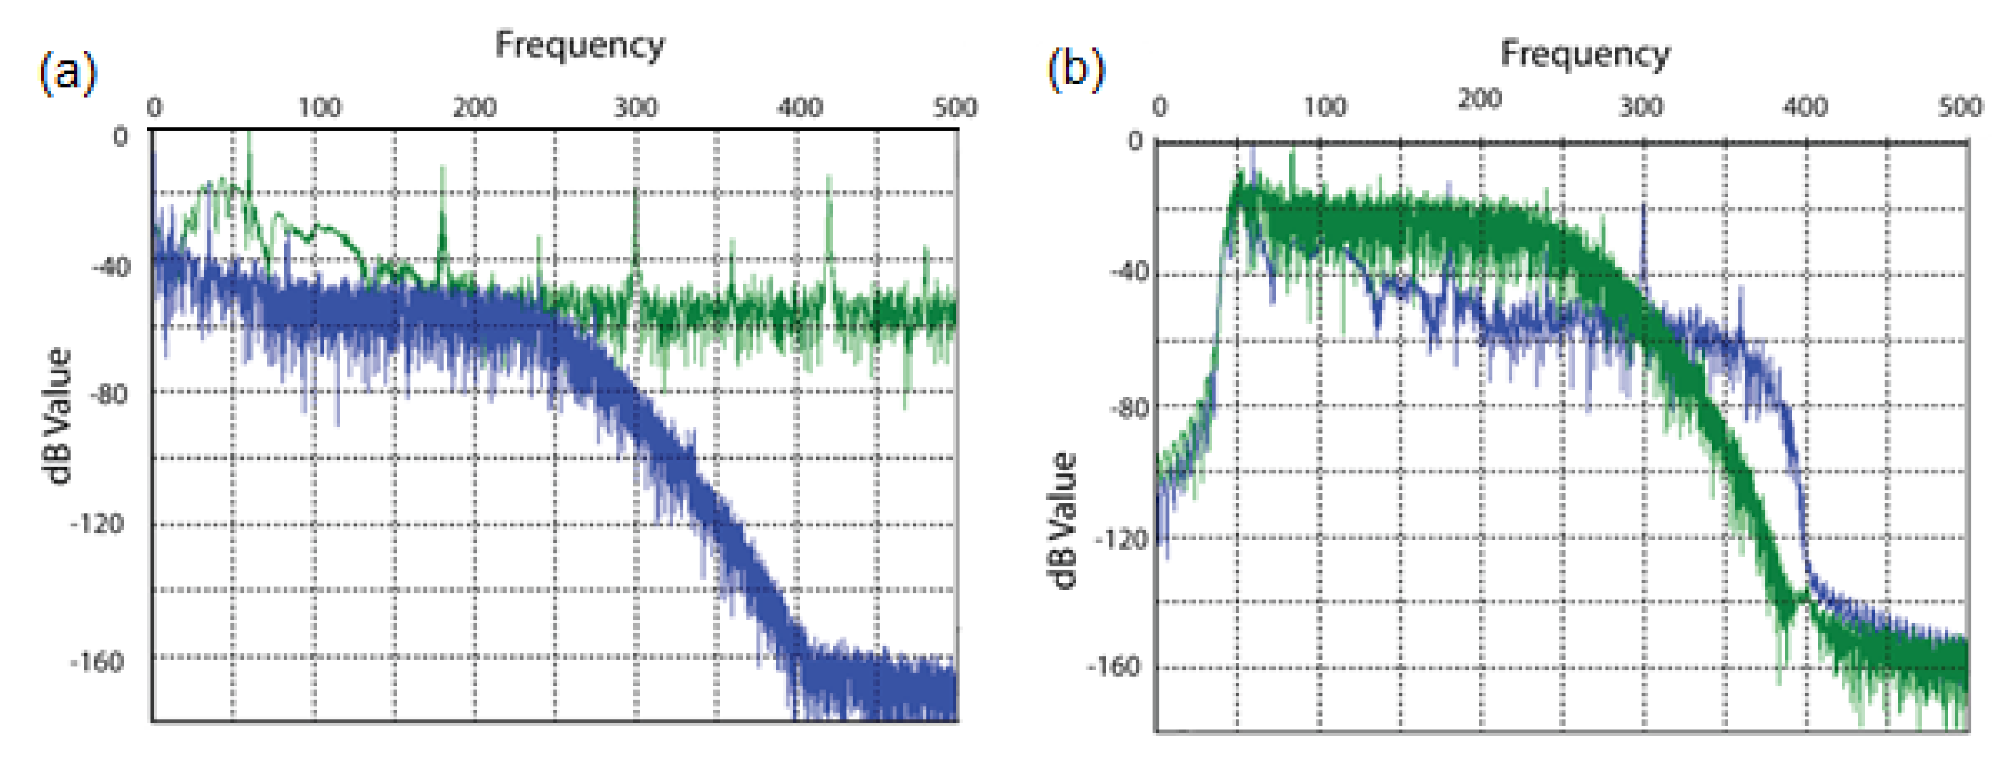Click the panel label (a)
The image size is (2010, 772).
coord(67,72)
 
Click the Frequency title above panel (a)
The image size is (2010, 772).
coord(580,45)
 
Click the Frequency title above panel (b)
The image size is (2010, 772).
coord(1585,54)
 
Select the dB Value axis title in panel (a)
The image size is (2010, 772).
coord(58,415)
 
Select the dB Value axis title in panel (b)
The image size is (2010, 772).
coord(1063,521)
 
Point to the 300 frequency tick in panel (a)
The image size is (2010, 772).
coord(635,107)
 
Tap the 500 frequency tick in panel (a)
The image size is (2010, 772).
coord(955,107)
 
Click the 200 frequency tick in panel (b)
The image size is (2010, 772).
coord(1479,99)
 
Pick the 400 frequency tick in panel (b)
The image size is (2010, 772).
coord(1804,106)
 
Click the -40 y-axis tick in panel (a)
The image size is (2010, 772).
coord(111,267)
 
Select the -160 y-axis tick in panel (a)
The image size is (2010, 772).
coord(98,662)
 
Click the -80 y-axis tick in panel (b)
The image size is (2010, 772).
coord(1128,408)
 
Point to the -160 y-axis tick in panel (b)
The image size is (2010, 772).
coord(1114,667)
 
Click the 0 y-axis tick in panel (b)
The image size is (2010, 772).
coord(1135,141)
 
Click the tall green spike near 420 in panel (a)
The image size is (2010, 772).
coord(828,203)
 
